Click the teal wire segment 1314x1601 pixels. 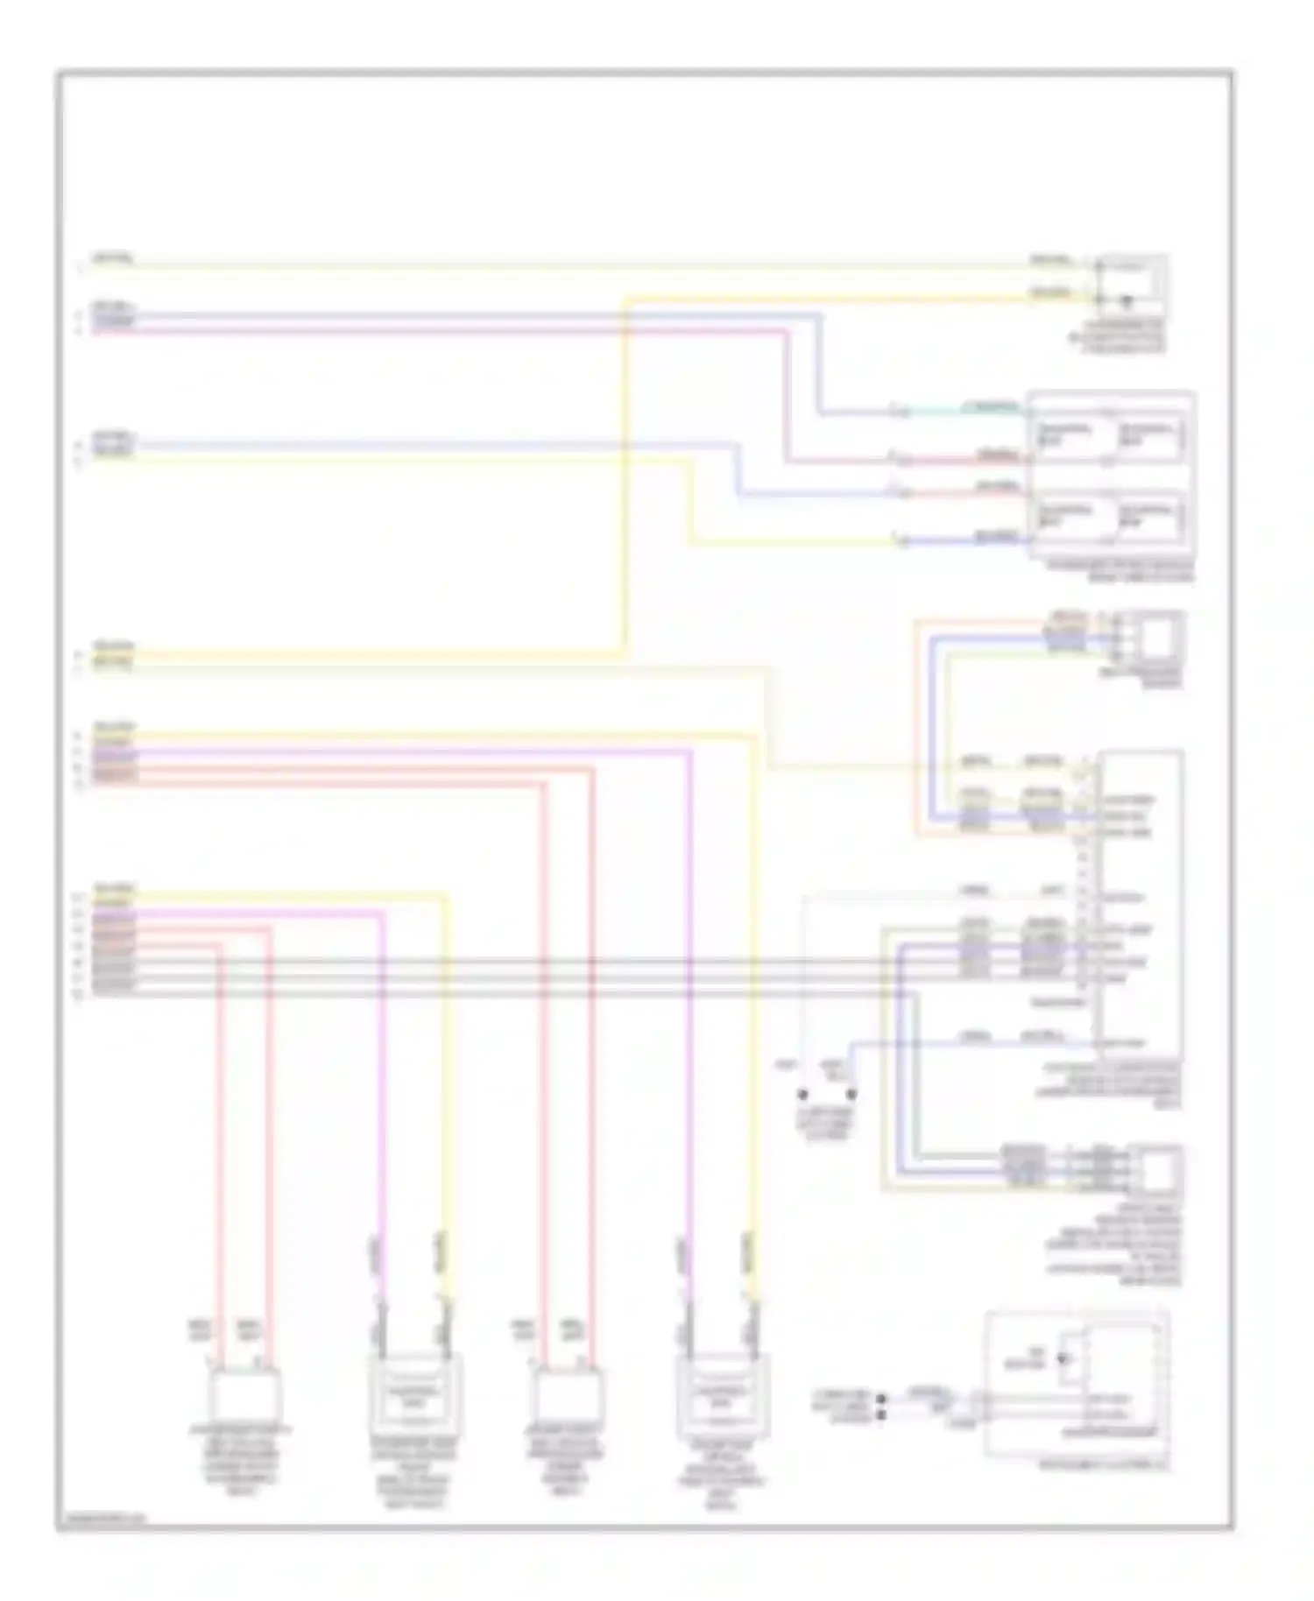coord(964,410)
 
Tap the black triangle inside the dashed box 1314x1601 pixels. coord(1063,1358)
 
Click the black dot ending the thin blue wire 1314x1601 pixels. coord(851,1094)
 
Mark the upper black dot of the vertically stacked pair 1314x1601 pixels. coord(881,1399)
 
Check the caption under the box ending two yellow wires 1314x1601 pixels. coord(1117,337)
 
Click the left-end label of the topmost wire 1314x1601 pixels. coord(111,259)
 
